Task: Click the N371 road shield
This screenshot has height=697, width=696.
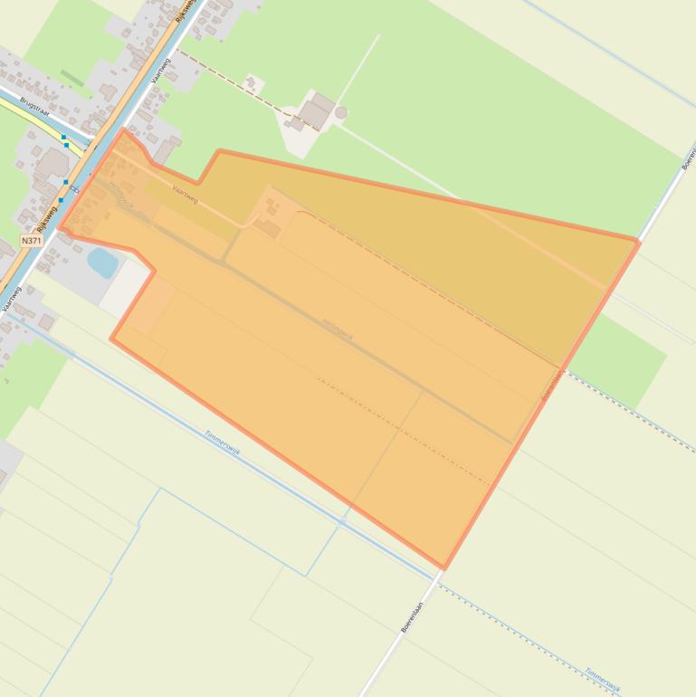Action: (x=32, y=241)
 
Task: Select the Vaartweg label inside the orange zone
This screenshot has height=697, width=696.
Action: (x=184, y=194)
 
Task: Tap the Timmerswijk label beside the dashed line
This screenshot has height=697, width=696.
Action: (x=601, y=680)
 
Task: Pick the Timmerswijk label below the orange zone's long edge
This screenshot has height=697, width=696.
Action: (x=223, y=442)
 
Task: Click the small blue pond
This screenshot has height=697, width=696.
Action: (x=102, y=263)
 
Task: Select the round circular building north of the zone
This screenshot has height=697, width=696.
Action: (x=340, y=112)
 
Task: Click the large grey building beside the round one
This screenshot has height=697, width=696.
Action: (x=316, y=112)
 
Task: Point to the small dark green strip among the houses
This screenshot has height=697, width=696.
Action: (x=72, y=78)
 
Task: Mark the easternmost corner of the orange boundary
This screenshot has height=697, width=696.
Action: (x=638, y=242)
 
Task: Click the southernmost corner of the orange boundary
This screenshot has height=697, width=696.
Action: (x=443, y=568)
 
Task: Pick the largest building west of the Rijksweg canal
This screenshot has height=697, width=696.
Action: (x=52, y=163)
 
